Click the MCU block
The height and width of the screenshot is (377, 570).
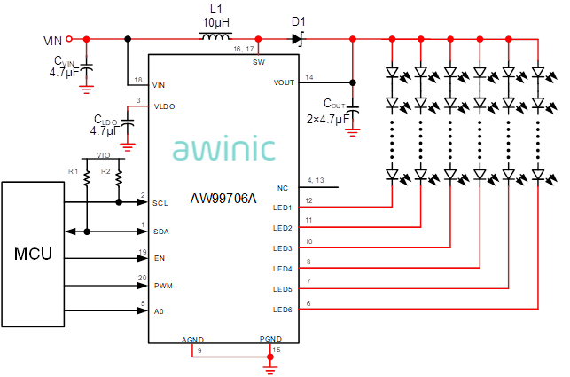tap(34, 255)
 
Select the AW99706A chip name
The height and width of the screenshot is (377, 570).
tap(224, 199)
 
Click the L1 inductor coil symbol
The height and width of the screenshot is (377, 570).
tap(215, 38)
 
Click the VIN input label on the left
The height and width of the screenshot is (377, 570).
tap(53, 40)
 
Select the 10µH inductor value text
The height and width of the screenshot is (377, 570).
tap(216, 22)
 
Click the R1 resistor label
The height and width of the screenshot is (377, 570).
tap(74, 169)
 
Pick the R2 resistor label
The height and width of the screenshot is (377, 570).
tap(105, 169)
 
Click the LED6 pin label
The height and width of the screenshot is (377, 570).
tap(283, 310)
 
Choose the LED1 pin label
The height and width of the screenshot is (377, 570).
tap(283, 208)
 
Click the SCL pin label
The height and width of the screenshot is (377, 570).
tap(160, 203)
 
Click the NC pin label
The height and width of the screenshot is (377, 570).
tap(283, 188)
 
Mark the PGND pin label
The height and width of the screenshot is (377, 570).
tap(270, 339)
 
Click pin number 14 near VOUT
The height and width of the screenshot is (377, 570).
tap(308, 77)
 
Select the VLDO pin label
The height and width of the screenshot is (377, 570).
tap(164, 106)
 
